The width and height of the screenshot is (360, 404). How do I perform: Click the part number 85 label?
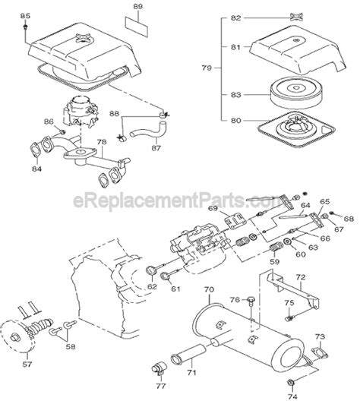(x=25, y=16)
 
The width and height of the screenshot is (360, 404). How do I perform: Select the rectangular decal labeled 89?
(x=137, y=27)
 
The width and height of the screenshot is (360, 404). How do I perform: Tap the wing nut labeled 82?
(x=296, y=17)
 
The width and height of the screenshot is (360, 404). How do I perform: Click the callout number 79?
(x=207, y=68)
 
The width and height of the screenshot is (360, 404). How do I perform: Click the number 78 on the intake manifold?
(x=102, y=142)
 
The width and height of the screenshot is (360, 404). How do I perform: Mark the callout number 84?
(x=37, y=169)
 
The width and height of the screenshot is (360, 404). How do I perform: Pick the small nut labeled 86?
(x=62, y=132)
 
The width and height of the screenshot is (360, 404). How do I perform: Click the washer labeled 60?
(x=287, y=241)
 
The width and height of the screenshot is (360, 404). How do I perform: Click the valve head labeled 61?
(x=165, y=276)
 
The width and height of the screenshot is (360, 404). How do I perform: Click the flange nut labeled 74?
(x=290, y=383)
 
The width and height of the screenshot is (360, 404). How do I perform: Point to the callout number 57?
(x=27, y=365)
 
